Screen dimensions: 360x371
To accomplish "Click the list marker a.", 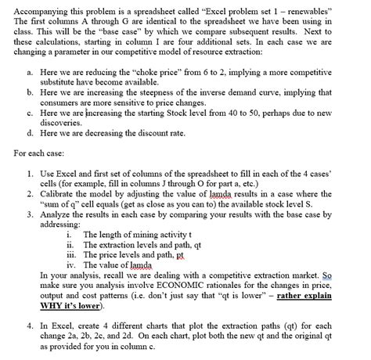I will click(x=30, y=70).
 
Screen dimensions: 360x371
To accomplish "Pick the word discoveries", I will click(x=61, y=124).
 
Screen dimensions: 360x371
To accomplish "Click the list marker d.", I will click(x=30, y=134).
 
